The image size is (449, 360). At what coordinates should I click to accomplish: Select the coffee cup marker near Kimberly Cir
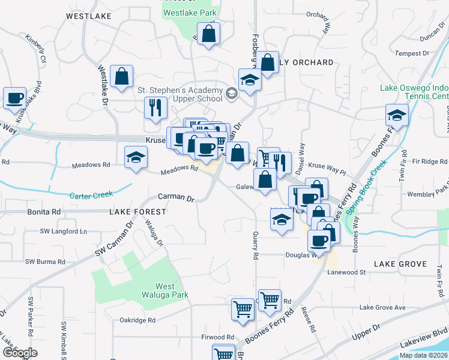tap(14, 98)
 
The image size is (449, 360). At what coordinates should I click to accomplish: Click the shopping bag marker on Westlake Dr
tap(121, 76)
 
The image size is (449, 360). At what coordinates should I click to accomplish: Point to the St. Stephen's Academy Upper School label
tap(179, 94)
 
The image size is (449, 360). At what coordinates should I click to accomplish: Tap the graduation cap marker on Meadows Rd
tap(136, 158)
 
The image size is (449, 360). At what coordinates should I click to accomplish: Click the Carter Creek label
tap(91, 196)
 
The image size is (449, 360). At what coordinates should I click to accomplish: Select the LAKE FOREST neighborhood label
tap(137, 212)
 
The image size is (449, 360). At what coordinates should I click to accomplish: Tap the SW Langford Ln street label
tap(63, 232)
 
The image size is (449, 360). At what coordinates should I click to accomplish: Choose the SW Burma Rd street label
tap(44, 262)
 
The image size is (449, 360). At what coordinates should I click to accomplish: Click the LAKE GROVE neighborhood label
tap(400, 264)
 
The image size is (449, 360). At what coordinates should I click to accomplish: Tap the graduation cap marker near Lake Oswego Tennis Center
tap(397, 115)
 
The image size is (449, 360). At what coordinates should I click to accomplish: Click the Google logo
tap(20, 353)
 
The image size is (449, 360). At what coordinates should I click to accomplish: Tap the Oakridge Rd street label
tap(137, 320)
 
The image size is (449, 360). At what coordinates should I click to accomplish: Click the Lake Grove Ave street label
tap(382, 308)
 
